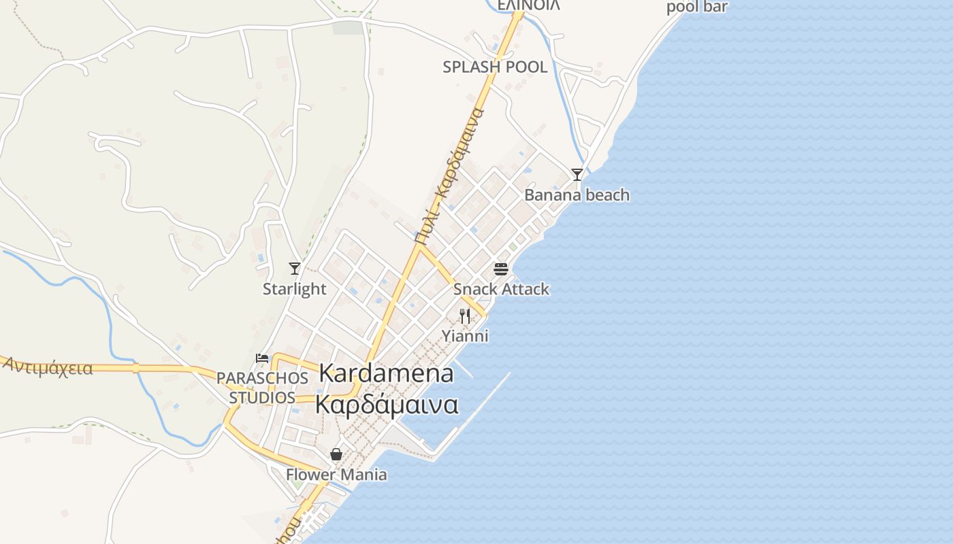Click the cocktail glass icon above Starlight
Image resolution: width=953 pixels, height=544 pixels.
(x=295, y=269)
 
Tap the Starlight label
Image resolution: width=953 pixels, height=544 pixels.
(x=295, y=289)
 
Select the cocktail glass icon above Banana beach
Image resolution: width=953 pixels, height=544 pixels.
(x=577, y=175)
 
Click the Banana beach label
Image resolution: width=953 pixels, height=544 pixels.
(x=577, y=195)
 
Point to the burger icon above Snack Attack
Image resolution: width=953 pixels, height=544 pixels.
(x=501, y=269)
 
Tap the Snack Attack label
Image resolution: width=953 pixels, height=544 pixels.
(x=501, y=289)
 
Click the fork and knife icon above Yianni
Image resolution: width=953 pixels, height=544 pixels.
(x=465, y=316)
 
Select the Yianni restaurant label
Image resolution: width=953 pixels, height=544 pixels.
(x=465, y=336)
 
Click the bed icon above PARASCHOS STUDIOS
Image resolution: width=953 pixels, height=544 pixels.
(x=262, y=358)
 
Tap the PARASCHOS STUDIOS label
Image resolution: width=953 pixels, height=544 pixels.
(x=262, y=388)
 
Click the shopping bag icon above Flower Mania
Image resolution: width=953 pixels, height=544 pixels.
(x=336, y=454)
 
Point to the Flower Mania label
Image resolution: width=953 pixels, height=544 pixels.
(x=336, y=475)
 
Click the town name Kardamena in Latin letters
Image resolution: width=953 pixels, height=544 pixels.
(x=386, y=373)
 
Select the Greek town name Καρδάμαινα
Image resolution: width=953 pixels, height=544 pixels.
(x=386, y=405)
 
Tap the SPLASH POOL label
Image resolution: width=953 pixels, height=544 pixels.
(x=495, y=67)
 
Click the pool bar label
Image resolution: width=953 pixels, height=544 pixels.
(x=696, y=7)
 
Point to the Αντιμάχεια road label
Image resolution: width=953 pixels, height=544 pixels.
(x=48, y=367)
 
